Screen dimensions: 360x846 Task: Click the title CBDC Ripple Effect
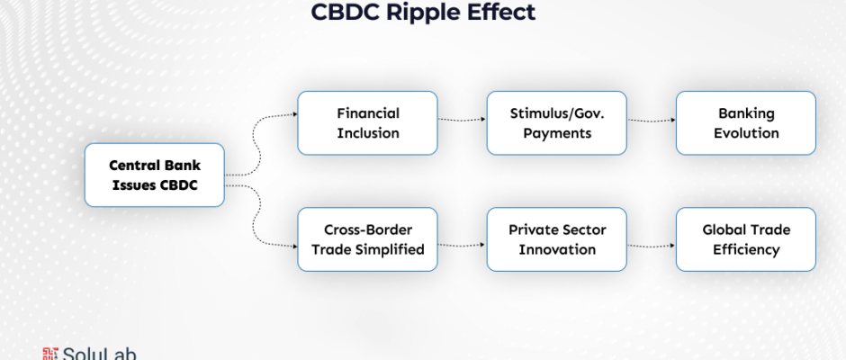tap(422, 13)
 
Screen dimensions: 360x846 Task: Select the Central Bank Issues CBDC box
tap(154, 175)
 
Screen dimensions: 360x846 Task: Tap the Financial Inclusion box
tap(367, 123)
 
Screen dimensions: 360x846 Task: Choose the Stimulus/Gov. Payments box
tap(556, 123)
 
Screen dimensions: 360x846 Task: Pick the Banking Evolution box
tap(745, 123)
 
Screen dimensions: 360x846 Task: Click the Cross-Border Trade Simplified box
tap(367, 239)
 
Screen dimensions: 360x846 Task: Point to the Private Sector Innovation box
tap(556, 239)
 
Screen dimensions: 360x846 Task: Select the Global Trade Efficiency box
tap(745, 239)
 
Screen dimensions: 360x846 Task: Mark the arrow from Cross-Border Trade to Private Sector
tap(462, 244)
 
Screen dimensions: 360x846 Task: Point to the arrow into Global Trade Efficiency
tap(651, 244)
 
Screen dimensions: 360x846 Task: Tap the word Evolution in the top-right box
tap(745, 133)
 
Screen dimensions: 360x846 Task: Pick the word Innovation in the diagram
tap(556, 249)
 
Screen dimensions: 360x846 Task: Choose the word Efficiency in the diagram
tap(745, 249)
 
